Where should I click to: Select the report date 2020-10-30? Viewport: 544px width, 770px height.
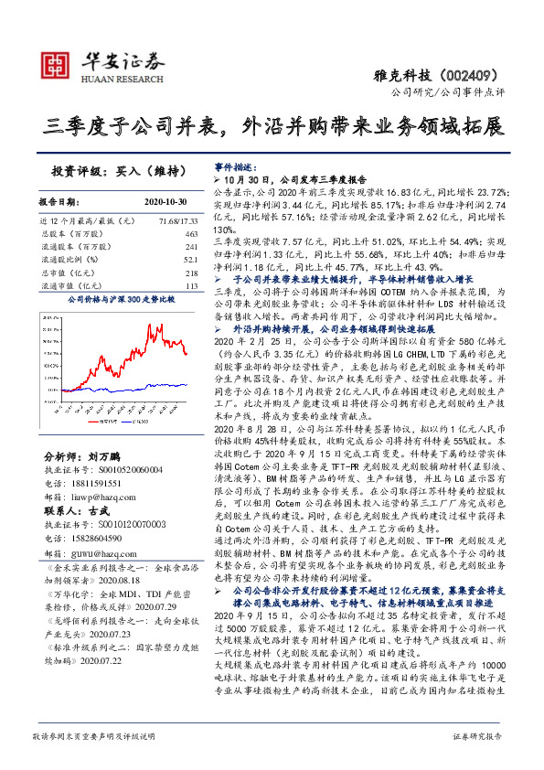[x=165, y=201]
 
